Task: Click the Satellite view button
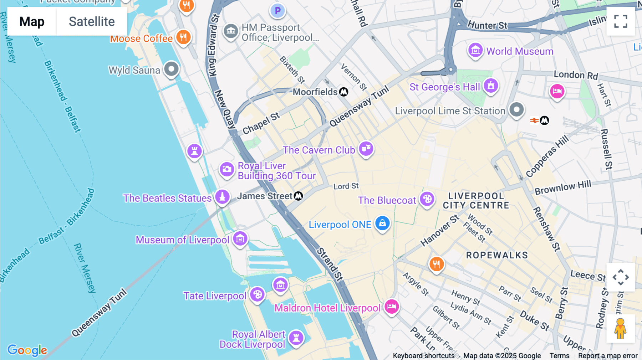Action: [x=92, y=21]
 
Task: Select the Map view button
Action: [x=32, y=21]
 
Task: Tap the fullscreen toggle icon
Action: [x=621, y=21]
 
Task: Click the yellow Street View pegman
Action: [x=620, y=328]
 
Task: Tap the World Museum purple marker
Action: [x=475, y=50]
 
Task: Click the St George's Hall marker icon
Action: [x=491, y=86]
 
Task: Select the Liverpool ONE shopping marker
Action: [x=382, y=223]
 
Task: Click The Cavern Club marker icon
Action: [x=366, y=148]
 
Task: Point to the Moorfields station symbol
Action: [x=343, y=92]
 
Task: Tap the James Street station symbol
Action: [x=299, y=196]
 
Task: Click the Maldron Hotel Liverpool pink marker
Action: [x=392, y=306]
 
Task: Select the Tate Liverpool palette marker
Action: [x=257, y=294]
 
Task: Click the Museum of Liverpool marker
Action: [x=240, y=238]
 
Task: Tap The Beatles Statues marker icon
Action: [x=222, y=196]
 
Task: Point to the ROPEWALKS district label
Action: [x=497, y=255]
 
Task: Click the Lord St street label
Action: [x=346, y=186]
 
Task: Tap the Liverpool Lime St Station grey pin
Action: [x=516, y=109]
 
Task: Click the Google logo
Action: [x=27, y=350]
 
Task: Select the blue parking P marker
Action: [x=277, y=11]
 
